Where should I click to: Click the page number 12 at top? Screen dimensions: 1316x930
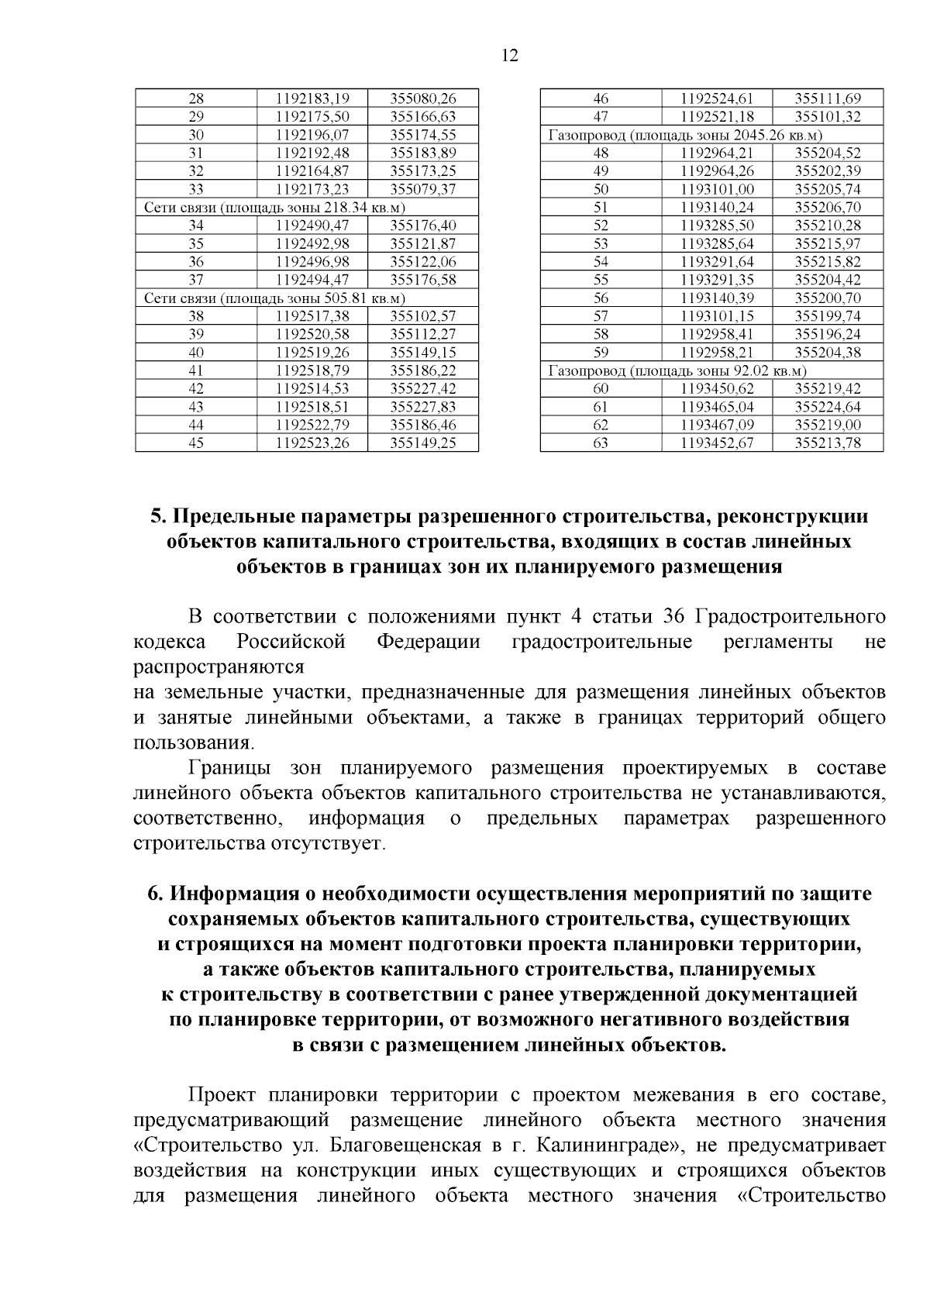tap(510, 56)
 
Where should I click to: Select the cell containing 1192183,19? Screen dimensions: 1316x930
tap(312, 98)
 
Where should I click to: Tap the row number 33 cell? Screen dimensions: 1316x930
tap(196, 189)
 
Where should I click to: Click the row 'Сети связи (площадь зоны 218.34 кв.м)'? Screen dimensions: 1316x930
tap(275, 208)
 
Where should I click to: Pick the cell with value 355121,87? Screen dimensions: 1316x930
tap(422, 244)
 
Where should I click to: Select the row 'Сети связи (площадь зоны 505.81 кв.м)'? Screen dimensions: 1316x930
tap(275, 298)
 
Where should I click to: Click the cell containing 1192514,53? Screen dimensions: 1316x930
tap(312, 389)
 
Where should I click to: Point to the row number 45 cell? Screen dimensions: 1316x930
tap(196, 443)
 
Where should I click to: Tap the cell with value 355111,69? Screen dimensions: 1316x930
tap(828, 98)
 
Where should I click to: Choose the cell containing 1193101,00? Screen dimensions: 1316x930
tap(717, 190)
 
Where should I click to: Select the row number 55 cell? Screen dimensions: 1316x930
tap(601, 280)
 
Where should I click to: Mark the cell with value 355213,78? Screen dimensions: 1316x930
tap(828, 443)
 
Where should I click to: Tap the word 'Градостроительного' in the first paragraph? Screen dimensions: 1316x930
tap(790, 618)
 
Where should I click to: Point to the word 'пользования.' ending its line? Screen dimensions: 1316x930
tap(193, 743)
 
